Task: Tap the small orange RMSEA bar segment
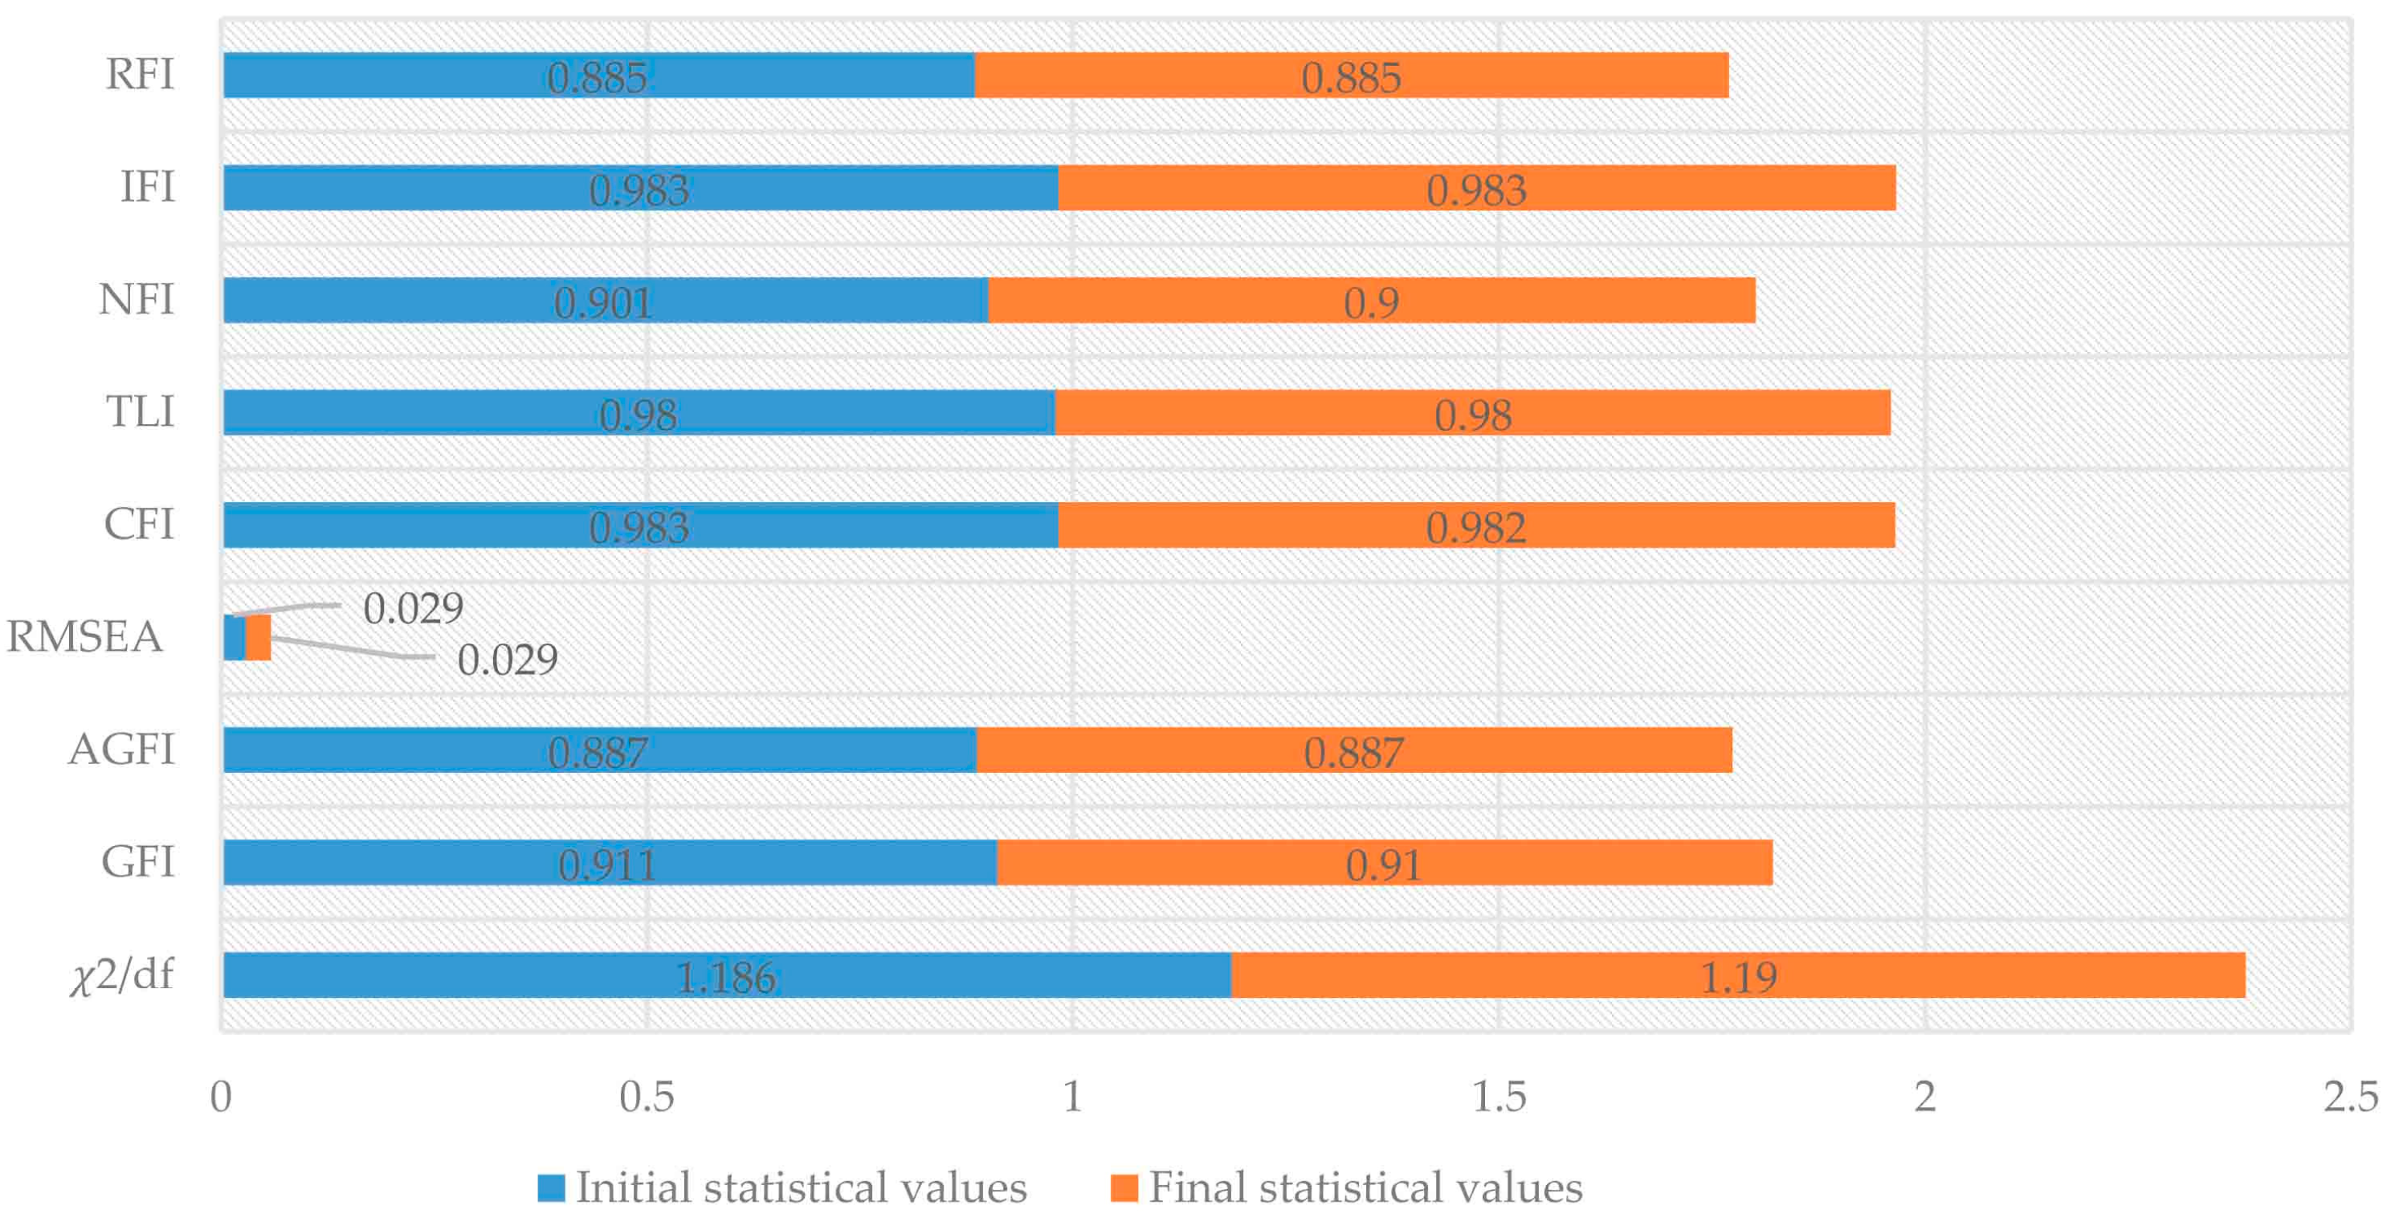[x=258, y=637]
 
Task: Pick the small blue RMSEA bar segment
[x=234, y=637]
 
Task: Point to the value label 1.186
[x=725, y=977]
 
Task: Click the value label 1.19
[x=1737, y=977]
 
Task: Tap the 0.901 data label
[x=603, y=303]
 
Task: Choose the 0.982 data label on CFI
[x=1476, y=527]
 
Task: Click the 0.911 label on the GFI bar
[x=607, y=865]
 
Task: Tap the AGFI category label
[x=121, y=750]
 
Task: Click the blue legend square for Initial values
[x=551, y=1187]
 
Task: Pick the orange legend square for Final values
[x=1124, y=1187]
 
